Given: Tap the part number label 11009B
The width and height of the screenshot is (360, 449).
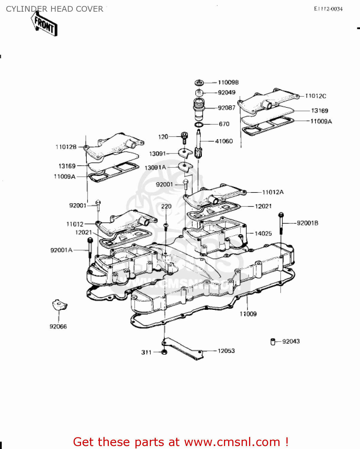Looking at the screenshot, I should [228, 83].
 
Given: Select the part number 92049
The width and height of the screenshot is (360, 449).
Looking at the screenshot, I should [227, 93].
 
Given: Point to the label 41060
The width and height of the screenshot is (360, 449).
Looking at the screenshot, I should [224, 141].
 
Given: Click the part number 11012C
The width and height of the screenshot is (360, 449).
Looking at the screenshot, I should [316, 96].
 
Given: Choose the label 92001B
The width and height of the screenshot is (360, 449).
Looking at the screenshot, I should [307, 223].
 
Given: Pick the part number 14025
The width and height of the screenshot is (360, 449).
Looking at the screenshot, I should [263, 233].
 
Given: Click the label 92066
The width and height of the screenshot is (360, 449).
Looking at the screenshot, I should [58, 327].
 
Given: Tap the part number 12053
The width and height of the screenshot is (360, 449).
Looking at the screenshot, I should [226, 351].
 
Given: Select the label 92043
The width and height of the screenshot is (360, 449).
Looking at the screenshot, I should [291, 342].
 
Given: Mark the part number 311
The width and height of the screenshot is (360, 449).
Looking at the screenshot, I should [147, 353].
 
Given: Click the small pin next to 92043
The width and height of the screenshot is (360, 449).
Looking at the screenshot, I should [273, 342].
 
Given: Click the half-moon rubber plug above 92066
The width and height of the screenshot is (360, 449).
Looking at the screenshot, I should [60, 305].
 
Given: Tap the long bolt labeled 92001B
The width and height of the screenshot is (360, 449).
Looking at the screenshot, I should [281, 224].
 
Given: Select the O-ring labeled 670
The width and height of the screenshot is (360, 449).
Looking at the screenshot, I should [199, 124].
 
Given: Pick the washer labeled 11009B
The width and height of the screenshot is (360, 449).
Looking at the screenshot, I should [199, 83].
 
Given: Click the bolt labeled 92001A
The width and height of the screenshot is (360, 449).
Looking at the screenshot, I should [90, 247].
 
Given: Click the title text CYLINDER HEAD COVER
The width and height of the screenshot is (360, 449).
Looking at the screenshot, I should [54, 9].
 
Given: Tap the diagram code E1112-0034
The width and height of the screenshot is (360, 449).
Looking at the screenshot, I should [328, 9].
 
